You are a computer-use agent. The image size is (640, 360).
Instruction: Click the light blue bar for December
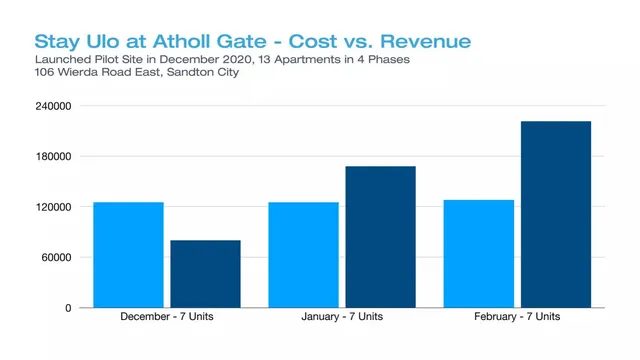click(129, 255)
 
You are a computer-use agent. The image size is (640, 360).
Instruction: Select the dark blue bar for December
click(205, 274)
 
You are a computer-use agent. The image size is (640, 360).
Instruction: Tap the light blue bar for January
click(303, 255)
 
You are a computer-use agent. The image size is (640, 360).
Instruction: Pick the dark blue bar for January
click(380, 237)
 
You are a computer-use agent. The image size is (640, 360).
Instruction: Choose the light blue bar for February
click(479, 254)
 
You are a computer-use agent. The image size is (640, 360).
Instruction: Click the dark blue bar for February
click(556, 214)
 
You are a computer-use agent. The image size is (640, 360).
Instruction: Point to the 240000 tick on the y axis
click(53, 106)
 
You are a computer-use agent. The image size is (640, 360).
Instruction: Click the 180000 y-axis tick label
click(53, 156)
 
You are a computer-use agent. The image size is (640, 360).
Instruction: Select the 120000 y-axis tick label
click(53, 207)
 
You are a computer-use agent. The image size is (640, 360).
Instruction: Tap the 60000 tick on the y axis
click(56, 258)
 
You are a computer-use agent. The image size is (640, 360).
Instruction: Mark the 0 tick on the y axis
click(68, 308)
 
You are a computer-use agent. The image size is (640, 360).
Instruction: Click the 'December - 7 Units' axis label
click(167, 316)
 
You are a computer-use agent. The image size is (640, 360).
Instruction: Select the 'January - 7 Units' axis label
click(342, 316)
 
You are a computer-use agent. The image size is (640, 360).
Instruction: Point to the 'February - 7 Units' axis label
click(517, 316)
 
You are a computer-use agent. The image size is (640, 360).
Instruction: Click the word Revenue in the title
click(426, 41)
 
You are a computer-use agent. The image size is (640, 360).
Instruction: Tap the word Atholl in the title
click(182, 41)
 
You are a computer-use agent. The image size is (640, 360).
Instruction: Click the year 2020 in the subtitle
click(239, 60)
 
